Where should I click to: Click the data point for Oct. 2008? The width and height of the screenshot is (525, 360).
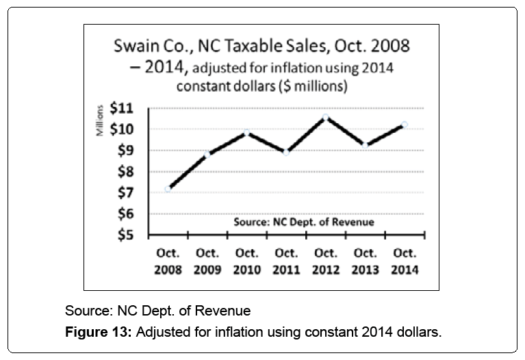pos(168,189)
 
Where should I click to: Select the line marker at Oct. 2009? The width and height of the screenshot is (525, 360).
pos(207,154)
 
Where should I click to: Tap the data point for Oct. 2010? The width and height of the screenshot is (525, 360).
pos(247,132)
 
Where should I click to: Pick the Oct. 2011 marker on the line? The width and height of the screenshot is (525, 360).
pos(286,153)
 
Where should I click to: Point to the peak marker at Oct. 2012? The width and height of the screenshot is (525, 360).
pos(325,117)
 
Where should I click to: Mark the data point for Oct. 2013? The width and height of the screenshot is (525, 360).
pos(365,145)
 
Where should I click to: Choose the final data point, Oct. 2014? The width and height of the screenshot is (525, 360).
pos(405,125)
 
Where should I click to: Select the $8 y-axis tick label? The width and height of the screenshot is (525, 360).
pos(126,172)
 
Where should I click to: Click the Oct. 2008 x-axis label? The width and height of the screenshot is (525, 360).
pos(168,261)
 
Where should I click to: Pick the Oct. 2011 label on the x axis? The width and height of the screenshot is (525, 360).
pos(286,261)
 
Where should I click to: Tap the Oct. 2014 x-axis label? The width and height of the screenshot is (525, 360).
pos(405,261)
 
